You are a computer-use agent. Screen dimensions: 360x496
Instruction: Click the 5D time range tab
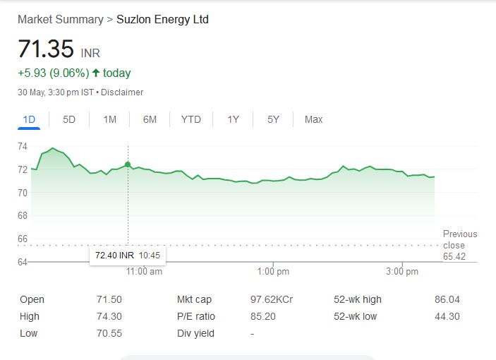(69, 119)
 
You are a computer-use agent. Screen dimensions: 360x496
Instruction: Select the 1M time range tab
(109, 119)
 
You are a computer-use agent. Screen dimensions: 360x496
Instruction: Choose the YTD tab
(191, 119)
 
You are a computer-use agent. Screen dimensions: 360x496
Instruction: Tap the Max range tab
(313, 119)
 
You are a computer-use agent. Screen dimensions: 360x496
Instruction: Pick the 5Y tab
(273, 119)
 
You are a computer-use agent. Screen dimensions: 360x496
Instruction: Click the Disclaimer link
(123, 92)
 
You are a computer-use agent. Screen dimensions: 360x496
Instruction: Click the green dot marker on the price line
(128, 164)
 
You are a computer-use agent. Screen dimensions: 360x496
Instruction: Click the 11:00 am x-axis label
(145, 271)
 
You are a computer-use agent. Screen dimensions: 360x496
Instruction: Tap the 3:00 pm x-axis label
(402, 271)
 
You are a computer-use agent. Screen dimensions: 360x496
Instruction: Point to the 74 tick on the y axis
(23, 146)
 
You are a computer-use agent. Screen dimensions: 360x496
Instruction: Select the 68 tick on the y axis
(23, 215)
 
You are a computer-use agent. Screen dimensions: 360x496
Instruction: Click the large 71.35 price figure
(46, 49)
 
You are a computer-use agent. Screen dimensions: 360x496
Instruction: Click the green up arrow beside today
(96, 73)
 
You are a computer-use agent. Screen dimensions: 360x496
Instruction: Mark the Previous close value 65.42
(454, 257)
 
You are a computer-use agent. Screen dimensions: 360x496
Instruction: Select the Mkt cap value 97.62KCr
(272, 299)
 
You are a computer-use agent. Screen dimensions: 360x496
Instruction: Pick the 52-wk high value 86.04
(447, 299)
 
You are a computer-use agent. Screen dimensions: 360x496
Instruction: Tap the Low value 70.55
(109, 333)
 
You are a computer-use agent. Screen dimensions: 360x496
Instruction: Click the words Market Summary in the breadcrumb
(60, 19)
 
